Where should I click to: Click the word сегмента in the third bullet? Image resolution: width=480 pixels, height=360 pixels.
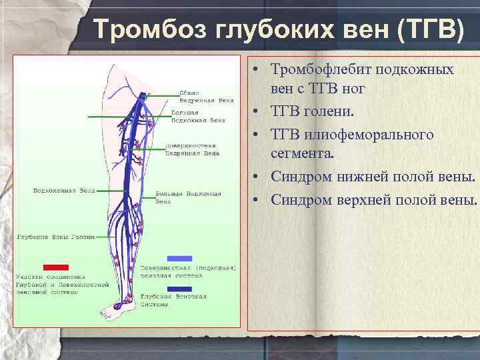300,154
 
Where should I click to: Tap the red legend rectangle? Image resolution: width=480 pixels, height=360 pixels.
56,267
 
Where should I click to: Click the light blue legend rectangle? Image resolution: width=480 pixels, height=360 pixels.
179,258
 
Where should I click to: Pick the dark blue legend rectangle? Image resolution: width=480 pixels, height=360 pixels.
179,289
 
